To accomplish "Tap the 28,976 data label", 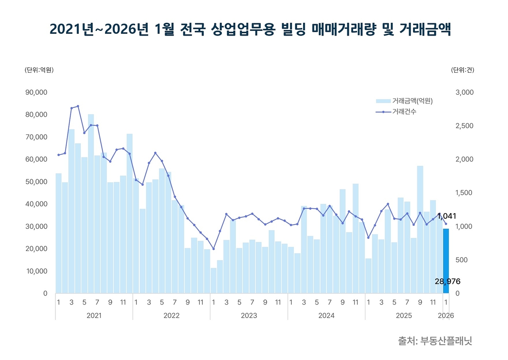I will point(447,281).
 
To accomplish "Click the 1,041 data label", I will point(447,216).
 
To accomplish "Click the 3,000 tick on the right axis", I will point(465,92).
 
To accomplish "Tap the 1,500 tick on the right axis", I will point(465,193).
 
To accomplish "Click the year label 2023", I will point(249,316).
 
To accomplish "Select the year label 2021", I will point(94,316).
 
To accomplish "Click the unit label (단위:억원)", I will point(39,70).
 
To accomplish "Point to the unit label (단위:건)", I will point(463,70).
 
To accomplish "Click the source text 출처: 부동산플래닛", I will point(435,341).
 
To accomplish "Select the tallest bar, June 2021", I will point(91,203).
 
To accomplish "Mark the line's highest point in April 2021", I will point(78,106).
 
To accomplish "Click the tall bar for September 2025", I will point(420,228).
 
